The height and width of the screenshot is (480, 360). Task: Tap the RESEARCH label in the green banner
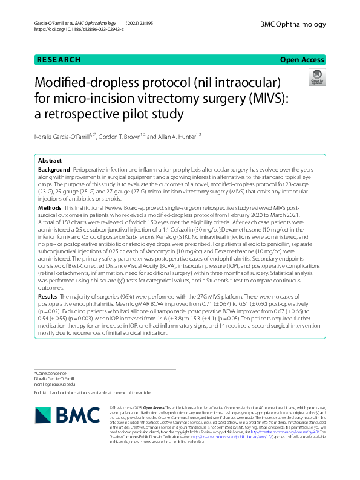58,60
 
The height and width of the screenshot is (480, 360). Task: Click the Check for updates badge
317,77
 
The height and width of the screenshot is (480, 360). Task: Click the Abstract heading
50,161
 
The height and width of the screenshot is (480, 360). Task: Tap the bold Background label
54,171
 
